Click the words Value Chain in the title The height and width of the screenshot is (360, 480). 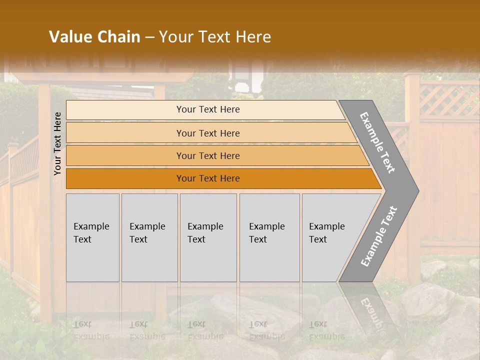[x=94, y=37]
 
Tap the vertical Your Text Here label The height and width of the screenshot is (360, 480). [x=57, y=143]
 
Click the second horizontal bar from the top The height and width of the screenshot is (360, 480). [x=208, y=133]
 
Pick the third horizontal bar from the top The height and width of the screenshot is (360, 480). [x=208, y=155]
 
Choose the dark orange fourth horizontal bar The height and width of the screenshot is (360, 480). [x=208, y=178]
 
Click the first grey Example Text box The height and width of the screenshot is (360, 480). [x=92, y=237]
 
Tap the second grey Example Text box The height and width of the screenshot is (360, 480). [x=149, y=237]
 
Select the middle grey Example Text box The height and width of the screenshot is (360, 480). [x=208, y=237]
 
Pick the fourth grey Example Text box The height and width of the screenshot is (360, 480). [x=269, y=237]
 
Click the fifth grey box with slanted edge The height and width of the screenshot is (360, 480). [x=330, y=237]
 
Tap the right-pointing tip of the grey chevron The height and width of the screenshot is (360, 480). [x=413, y=190]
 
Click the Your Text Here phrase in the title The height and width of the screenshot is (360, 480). [x=215, y=37]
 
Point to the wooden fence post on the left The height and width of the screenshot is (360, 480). [x=44, y=200]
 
